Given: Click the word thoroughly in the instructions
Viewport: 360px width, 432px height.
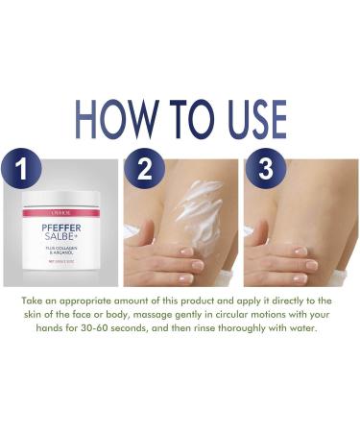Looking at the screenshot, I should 265,328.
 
